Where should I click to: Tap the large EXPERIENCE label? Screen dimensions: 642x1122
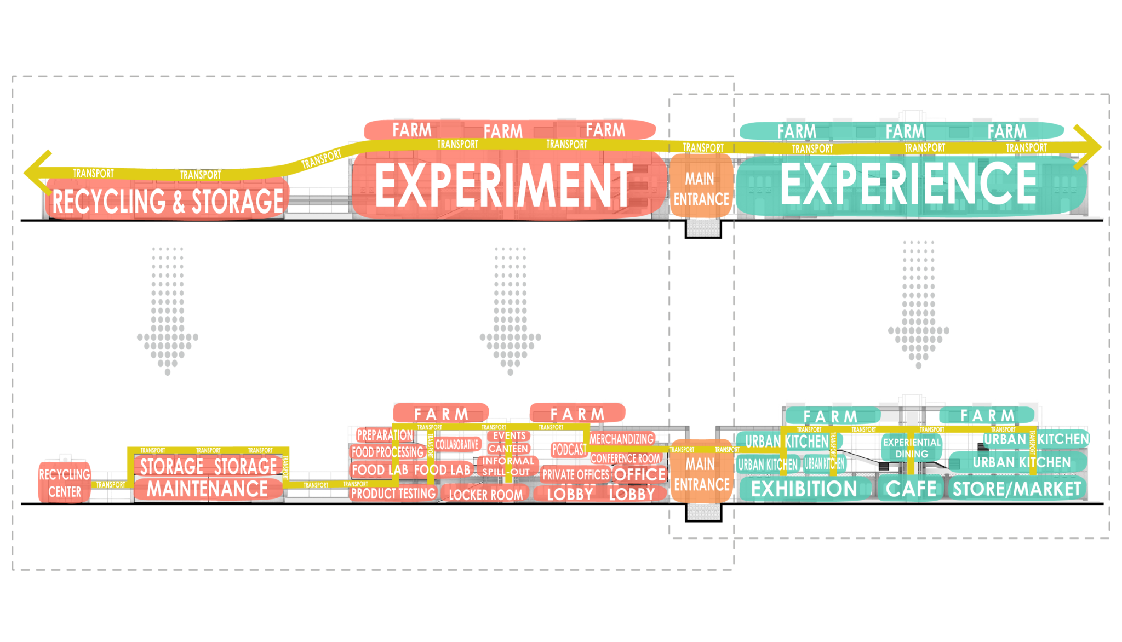(x=908, y=184)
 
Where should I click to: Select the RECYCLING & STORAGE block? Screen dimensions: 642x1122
(x=167, y=201)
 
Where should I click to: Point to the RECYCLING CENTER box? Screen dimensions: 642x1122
(x=64, y=483)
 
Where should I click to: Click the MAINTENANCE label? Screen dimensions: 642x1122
(x=207, y=489)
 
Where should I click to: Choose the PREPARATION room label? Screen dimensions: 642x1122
(x=385, y=435)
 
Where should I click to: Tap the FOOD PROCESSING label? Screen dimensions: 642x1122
(x=387, y=452)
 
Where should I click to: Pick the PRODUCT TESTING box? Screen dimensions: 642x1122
(x=393, y=494)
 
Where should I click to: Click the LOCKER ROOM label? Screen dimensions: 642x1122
(x=485, y=495)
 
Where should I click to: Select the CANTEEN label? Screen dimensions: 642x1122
(x=508, y=449)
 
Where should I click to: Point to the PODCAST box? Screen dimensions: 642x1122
(x=569, y=450)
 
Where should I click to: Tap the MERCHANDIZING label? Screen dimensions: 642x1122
(x=621, y=439)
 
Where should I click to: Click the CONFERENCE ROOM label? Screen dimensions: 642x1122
(x=625, y=458)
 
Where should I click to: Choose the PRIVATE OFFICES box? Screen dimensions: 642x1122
(x=575, y=474)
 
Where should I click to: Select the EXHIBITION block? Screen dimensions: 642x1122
(x=804, y=489)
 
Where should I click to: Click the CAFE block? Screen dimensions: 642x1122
(x=911, y=489)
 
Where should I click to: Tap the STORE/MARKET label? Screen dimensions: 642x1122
(x=1017, y=489)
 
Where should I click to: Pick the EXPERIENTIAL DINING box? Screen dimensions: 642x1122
(x=912, y=448)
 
